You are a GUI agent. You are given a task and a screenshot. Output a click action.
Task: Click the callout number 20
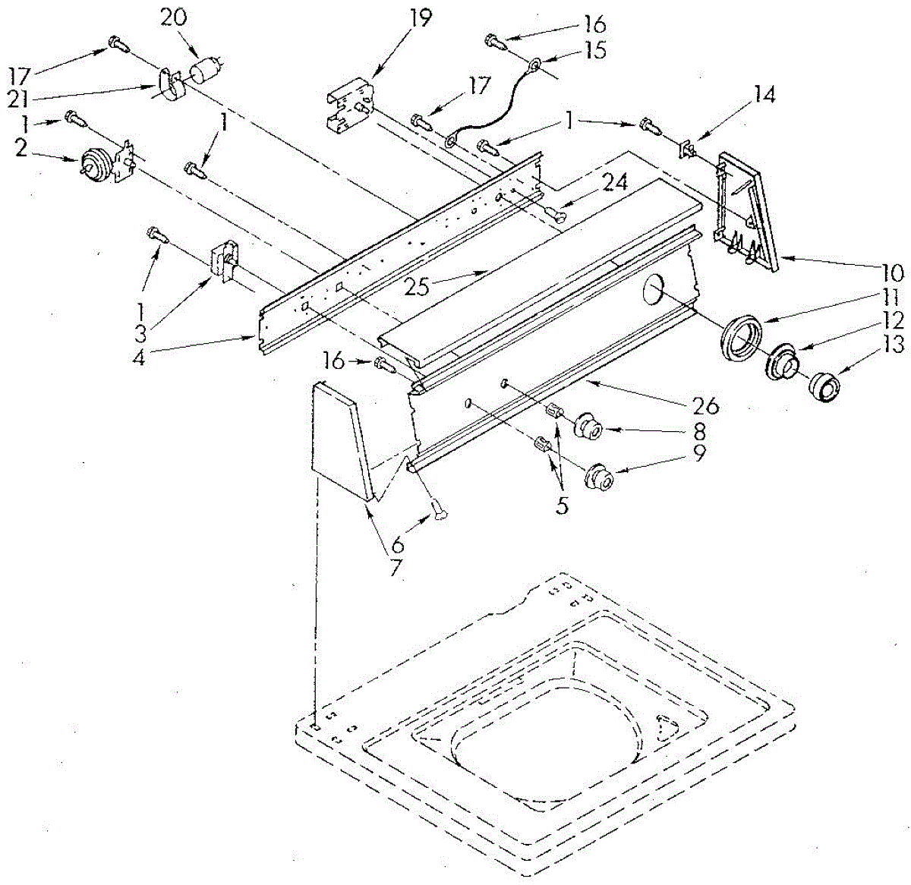[173, 17]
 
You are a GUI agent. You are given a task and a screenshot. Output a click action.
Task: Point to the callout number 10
[891, 272]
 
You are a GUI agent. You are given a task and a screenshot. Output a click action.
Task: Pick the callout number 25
[417, 287]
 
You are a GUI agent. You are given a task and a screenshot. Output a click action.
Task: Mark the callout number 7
[396, 566]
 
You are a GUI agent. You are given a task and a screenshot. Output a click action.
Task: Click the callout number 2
[20, 146]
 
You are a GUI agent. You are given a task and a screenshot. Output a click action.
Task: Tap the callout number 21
[21, 99]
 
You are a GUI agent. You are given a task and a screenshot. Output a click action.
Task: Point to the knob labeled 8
[588, 427]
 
